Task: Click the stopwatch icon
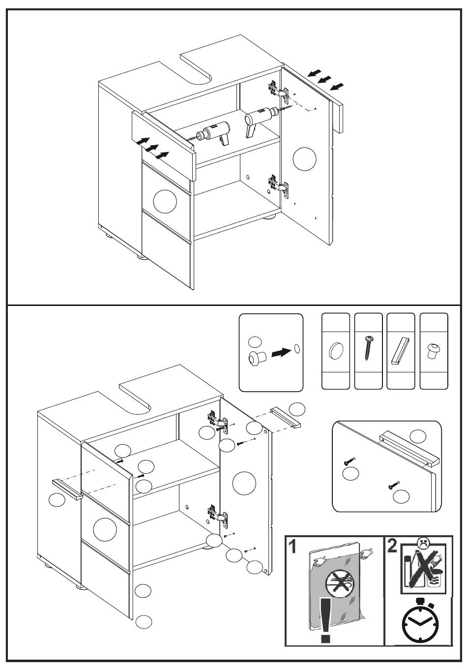[x=418, y=623]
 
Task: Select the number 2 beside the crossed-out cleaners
[x=392, y=546]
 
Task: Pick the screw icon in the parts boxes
[x=368, y=349]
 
